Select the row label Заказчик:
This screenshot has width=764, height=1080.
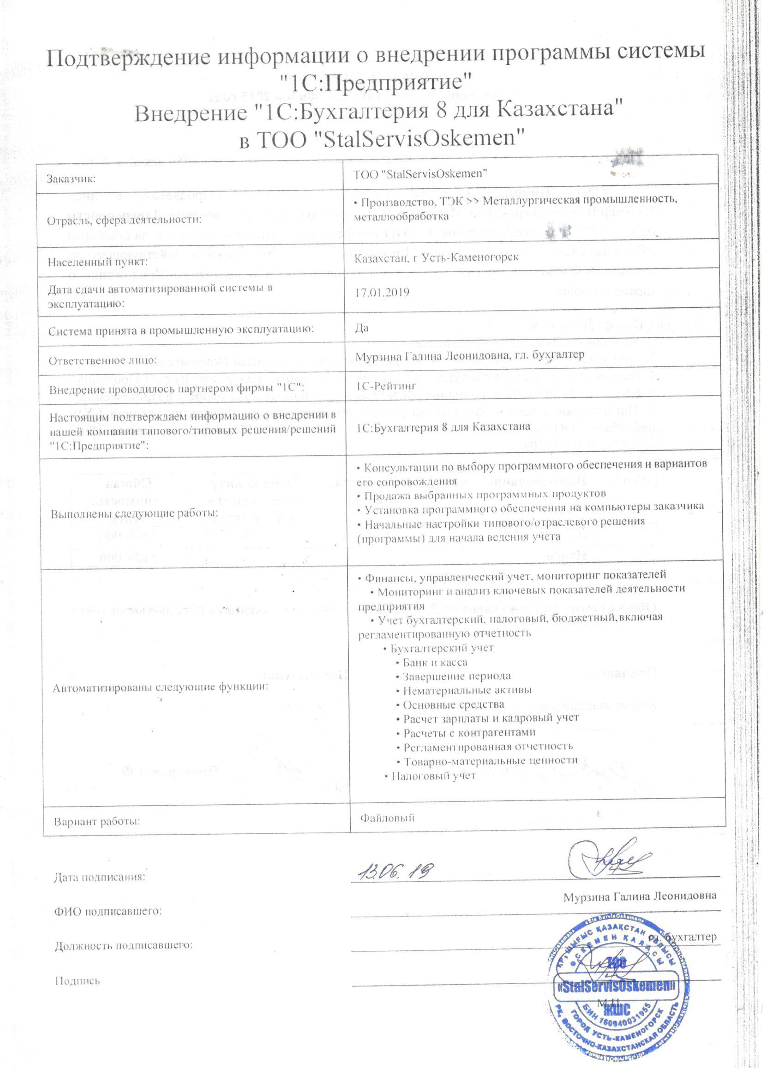pos(71,179)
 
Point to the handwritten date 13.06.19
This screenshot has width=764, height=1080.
pos(395,872)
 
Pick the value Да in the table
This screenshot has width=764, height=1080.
pos(362,328)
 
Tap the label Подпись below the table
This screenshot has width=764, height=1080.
pos(78,981)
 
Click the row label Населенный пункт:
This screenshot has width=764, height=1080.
pos(98,262)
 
